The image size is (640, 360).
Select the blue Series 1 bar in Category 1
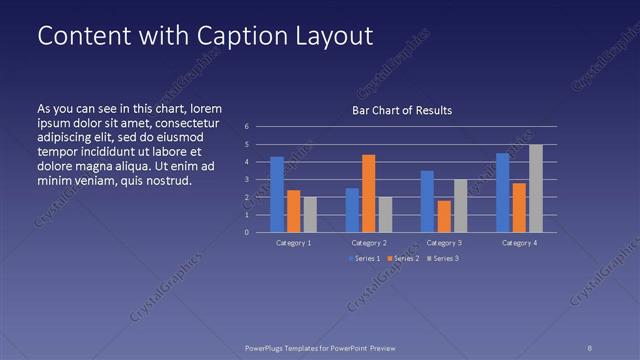click(277, 194)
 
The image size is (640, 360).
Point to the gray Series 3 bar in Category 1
click(310, 214)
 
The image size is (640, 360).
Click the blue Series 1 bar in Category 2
click(352, 210)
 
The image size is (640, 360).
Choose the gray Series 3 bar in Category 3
click(460, 205)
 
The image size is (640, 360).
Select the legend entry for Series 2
click(402, 259)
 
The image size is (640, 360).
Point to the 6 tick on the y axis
click(246, 127)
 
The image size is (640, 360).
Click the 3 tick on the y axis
click(246, 179)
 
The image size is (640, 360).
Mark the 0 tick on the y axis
click(246, 232)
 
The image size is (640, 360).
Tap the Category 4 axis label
click(519, 243)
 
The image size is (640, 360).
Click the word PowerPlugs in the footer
click(267, 349)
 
